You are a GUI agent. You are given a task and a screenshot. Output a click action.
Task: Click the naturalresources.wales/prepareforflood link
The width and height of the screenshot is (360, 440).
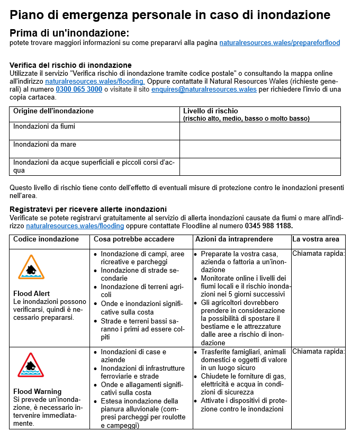[280, 42]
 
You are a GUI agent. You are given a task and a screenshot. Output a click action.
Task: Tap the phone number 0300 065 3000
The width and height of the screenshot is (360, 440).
[79, 89]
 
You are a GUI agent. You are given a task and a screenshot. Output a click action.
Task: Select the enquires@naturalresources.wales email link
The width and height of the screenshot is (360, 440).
[204, 89]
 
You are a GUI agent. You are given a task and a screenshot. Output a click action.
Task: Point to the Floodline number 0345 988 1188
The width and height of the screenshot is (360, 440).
[268, 226]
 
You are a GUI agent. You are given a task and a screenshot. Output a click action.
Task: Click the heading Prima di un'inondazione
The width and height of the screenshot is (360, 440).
[69, 33]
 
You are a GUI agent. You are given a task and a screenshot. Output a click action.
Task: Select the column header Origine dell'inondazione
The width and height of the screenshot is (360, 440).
[53, 111]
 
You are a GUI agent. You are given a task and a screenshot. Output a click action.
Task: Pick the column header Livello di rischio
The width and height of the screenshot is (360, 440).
[210, 111]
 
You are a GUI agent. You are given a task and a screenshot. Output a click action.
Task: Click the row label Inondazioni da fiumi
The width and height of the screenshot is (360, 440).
[44, 127]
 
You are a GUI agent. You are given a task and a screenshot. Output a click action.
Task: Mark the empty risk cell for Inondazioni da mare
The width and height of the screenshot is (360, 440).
[260, 149]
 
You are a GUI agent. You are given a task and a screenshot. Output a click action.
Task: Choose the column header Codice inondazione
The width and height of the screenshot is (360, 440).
[46, 239]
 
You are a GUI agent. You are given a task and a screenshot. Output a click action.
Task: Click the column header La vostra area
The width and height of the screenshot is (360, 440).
[316, 239]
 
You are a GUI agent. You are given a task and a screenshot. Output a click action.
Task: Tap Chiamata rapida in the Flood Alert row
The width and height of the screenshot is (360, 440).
[318, 253]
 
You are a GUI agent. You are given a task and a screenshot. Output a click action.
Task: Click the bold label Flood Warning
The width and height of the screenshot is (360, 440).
[38, 392]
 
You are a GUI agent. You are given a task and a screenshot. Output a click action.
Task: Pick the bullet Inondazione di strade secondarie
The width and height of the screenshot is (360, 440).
[139, 274]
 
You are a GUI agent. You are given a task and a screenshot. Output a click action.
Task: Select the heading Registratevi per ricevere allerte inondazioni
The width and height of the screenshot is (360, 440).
[88, 209]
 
